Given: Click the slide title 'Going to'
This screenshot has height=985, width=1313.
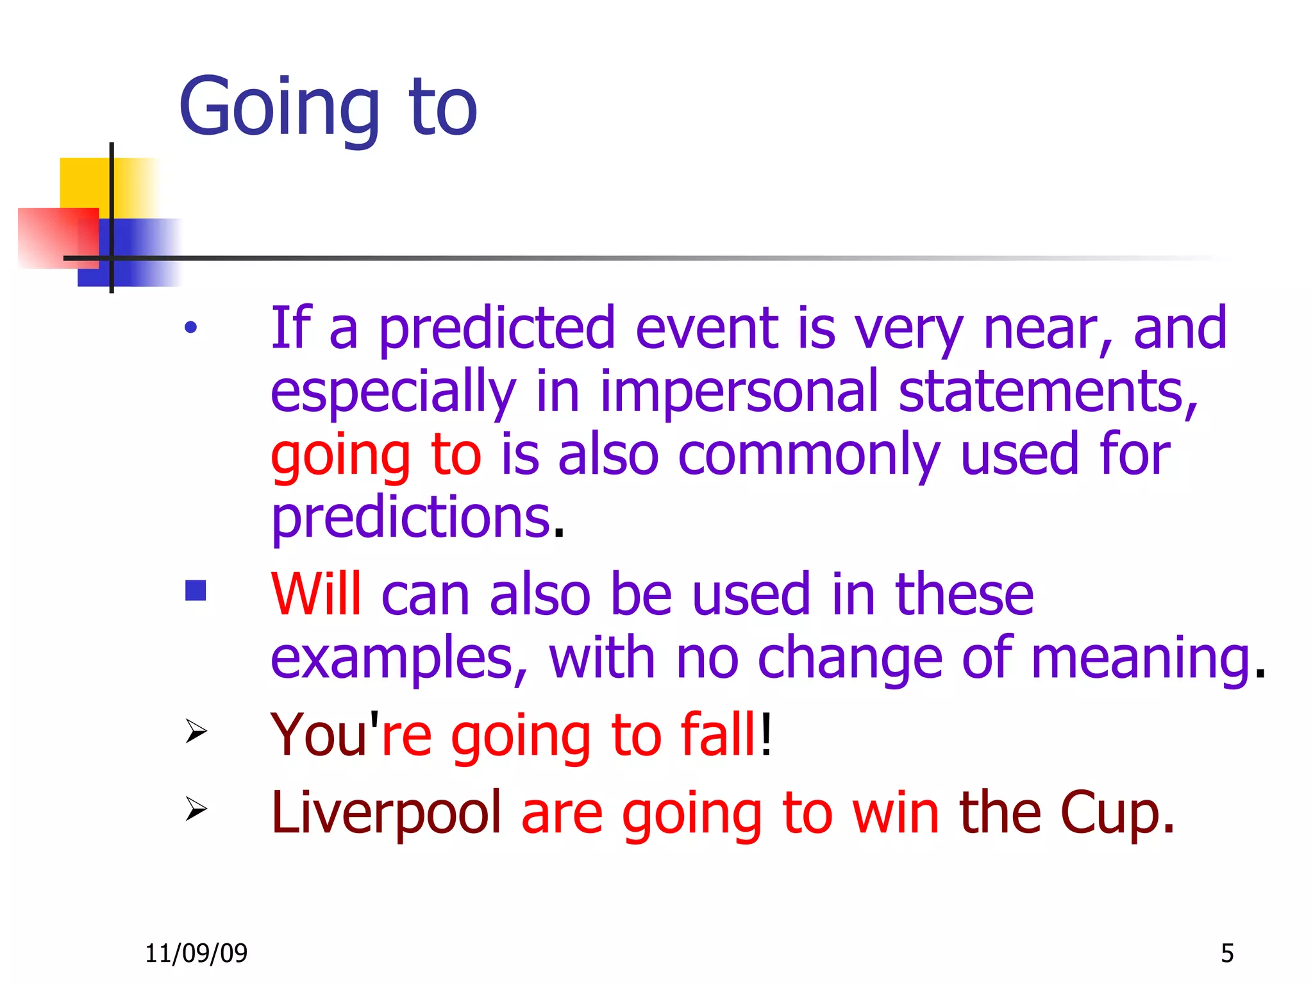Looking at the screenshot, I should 328,108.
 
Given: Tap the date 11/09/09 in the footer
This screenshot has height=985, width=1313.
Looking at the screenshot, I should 196,954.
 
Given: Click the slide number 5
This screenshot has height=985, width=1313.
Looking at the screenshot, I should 1227,954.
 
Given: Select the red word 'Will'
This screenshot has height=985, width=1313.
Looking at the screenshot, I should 316,594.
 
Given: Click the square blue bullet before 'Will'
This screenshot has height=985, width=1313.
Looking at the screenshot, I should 196,591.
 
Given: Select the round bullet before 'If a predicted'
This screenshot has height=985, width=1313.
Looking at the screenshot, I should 190,328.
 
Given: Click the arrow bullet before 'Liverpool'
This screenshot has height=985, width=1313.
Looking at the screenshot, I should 196,809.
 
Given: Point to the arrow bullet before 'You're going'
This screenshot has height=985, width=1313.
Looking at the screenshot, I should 196,731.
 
